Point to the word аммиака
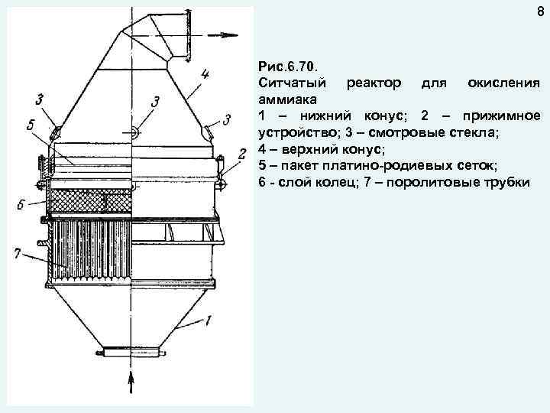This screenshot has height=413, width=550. (x=289, y=99)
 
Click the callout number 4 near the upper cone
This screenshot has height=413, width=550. (x=205, y=75)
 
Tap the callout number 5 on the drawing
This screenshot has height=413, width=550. (x=30, y=127)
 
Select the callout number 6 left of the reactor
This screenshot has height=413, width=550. (x=24, y=205)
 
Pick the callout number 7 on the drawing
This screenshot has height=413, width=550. (x=17, y=252)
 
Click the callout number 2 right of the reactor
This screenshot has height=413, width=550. (x=241, y=154)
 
